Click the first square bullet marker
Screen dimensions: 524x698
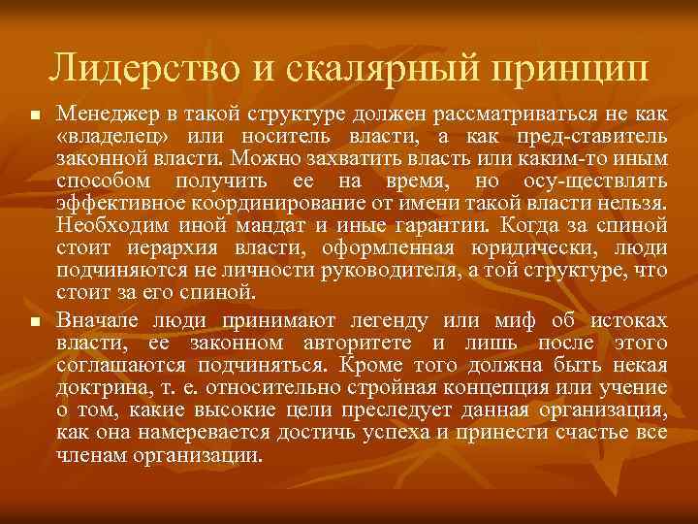coord(33,115)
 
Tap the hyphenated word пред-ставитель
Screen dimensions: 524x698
coord(593,135)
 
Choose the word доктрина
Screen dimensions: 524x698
coord(97,388)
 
